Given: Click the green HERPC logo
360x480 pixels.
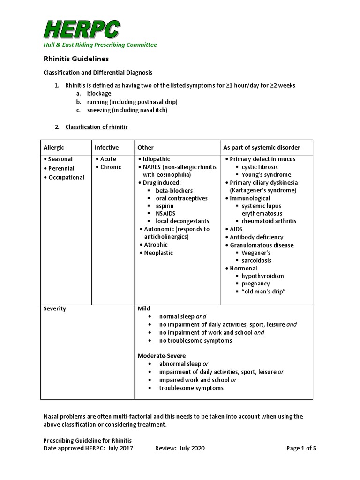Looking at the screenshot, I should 82,29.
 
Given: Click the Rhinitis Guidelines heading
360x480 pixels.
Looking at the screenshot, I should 76,59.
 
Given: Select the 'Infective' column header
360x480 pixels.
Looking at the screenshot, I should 106,147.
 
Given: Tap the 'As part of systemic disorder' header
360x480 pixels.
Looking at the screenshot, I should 262,147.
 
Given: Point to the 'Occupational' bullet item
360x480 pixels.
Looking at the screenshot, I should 66,177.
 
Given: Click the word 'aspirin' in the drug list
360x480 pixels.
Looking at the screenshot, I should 165,206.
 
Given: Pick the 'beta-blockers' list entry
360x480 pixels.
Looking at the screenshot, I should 174,191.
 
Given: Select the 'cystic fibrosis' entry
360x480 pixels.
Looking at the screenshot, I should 259,167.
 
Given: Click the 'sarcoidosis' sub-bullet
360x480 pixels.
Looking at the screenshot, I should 256,260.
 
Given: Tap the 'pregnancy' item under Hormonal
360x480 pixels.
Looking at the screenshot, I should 255,284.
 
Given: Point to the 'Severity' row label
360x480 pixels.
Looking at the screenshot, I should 55,308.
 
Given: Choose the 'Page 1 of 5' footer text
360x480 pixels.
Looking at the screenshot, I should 301,448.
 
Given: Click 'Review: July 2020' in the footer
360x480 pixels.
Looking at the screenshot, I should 180,448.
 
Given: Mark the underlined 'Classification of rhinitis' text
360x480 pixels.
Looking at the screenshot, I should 96,127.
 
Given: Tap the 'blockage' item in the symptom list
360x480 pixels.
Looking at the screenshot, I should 99,94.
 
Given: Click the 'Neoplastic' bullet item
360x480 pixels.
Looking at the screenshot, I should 158,253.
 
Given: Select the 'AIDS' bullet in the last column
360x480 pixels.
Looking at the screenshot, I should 236,229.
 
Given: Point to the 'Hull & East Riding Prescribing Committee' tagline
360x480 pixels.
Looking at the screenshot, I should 100,45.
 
